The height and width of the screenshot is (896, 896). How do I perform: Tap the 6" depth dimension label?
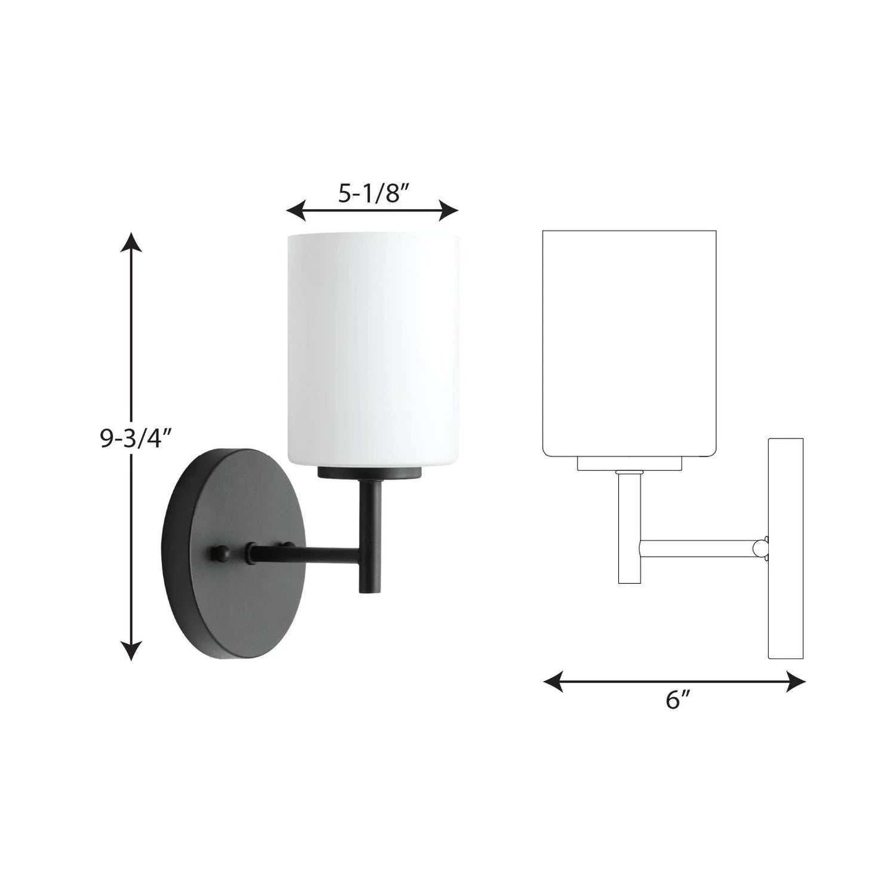[x=674, y=700]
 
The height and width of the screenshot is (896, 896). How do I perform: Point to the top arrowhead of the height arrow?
[x=132, y=243]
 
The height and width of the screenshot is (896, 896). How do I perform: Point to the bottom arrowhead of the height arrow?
[x=132, y=650]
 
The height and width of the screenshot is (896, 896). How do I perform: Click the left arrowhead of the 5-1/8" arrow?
[x=297, y=210]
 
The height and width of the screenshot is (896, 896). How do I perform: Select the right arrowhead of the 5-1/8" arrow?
[x=449, y=210]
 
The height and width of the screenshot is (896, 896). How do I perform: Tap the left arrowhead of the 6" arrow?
[x=553, y=680]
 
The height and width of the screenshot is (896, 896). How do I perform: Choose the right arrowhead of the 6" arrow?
[x=795, y=680]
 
